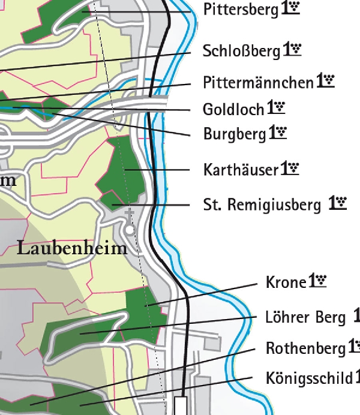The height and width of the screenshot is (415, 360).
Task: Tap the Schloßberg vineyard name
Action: pyautogui.click(x=241, y=51)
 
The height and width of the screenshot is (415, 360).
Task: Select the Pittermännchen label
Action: pyautogui.click(x=258, y=82)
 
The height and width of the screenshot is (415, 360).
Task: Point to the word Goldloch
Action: pyautogui.click(x=233, y=109)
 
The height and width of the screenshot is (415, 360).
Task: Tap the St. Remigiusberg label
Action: pyautogui.click(x=262, y=206)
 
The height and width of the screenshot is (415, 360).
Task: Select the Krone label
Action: pyautogui.click(x=286, y=282)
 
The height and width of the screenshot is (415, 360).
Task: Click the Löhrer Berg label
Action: pyautogui.click(x=305, y=317)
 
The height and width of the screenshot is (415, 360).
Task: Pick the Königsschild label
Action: pyautogui.click(x=309, y=378)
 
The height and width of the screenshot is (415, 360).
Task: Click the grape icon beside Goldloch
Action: pyautogui.click(x=276, y=108)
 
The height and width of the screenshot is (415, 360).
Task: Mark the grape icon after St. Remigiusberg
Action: pyautogui.click(x=338, y=204)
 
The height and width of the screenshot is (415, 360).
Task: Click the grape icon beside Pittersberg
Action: pyautogui.click(x=290, y=10)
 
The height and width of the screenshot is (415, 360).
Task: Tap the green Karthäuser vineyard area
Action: pyautogui.click(x=123, y=171)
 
